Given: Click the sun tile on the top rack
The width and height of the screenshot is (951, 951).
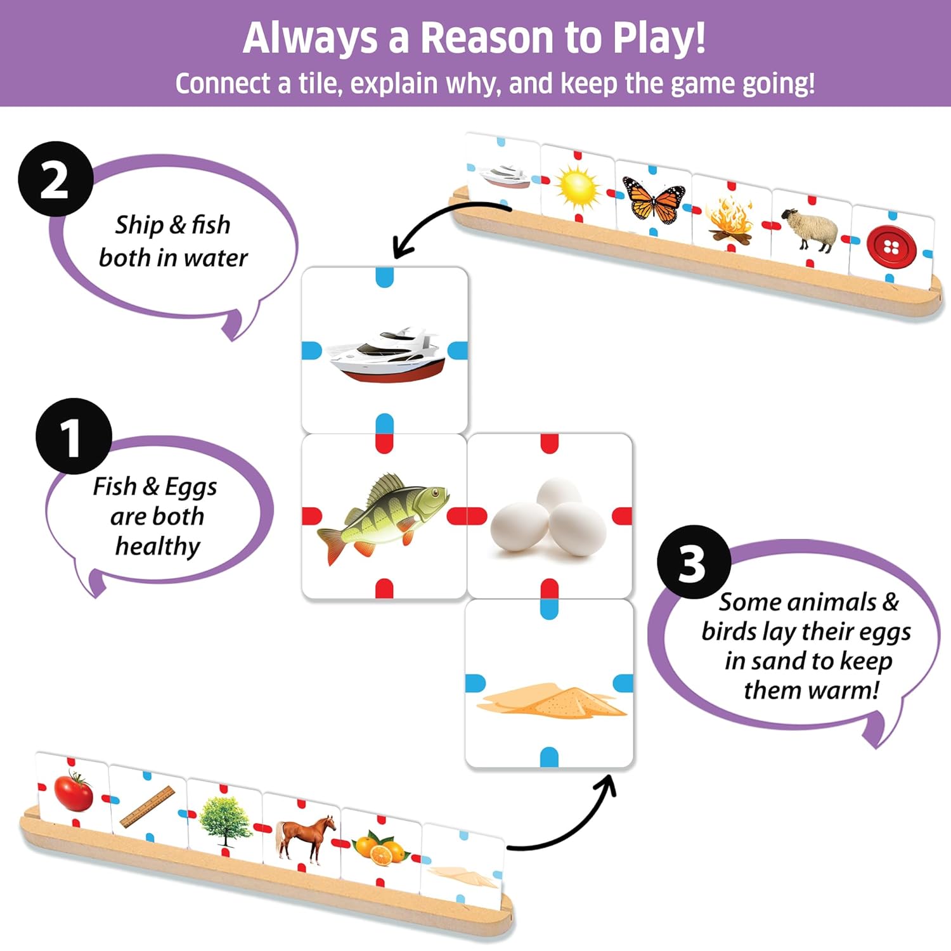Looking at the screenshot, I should point(577,187).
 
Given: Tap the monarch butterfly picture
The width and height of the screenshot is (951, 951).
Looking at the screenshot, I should point(654,199).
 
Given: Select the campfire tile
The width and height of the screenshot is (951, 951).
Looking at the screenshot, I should point(730,219).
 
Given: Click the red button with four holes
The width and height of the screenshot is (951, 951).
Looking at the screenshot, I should point(891,246).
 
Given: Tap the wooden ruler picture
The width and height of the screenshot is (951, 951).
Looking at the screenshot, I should point(147,806).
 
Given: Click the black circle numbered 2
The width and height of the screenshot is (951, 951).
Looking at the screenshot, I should point(55,180).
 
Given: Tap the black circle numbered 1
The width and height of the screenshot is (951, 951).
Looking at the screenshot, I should point(73,436).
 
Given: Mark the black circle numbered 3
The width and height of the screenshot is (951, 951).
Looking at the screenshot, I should point(694,562).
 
